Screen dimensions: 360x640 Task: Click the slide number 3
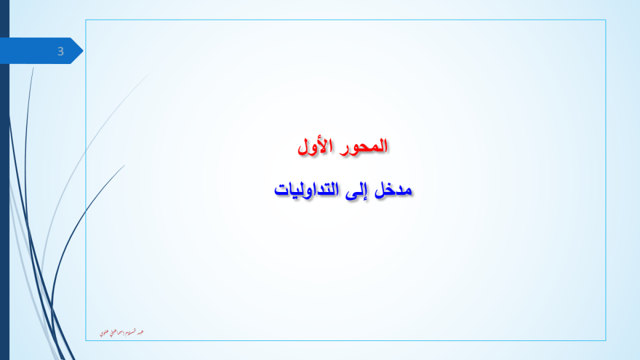click(x=60, y=52)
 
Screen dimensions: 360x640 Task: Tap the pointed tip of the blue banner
click(x=82, y=51)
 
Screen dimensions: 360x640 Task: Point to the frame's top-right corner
click(x=606, y=20)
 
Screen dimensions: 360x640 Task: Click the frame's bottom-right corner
click(x=606, y=340)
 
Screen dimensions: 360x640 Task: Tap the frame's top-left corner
click(x=86, y=20)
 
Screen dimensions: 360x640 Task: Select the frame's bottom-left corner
click(x=86, y=340)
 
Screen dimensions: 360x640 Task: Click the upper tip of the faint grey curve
click(x=148, y=74)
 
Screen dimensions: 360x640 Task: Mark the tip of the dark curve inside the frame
click(x=125, y=165)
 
